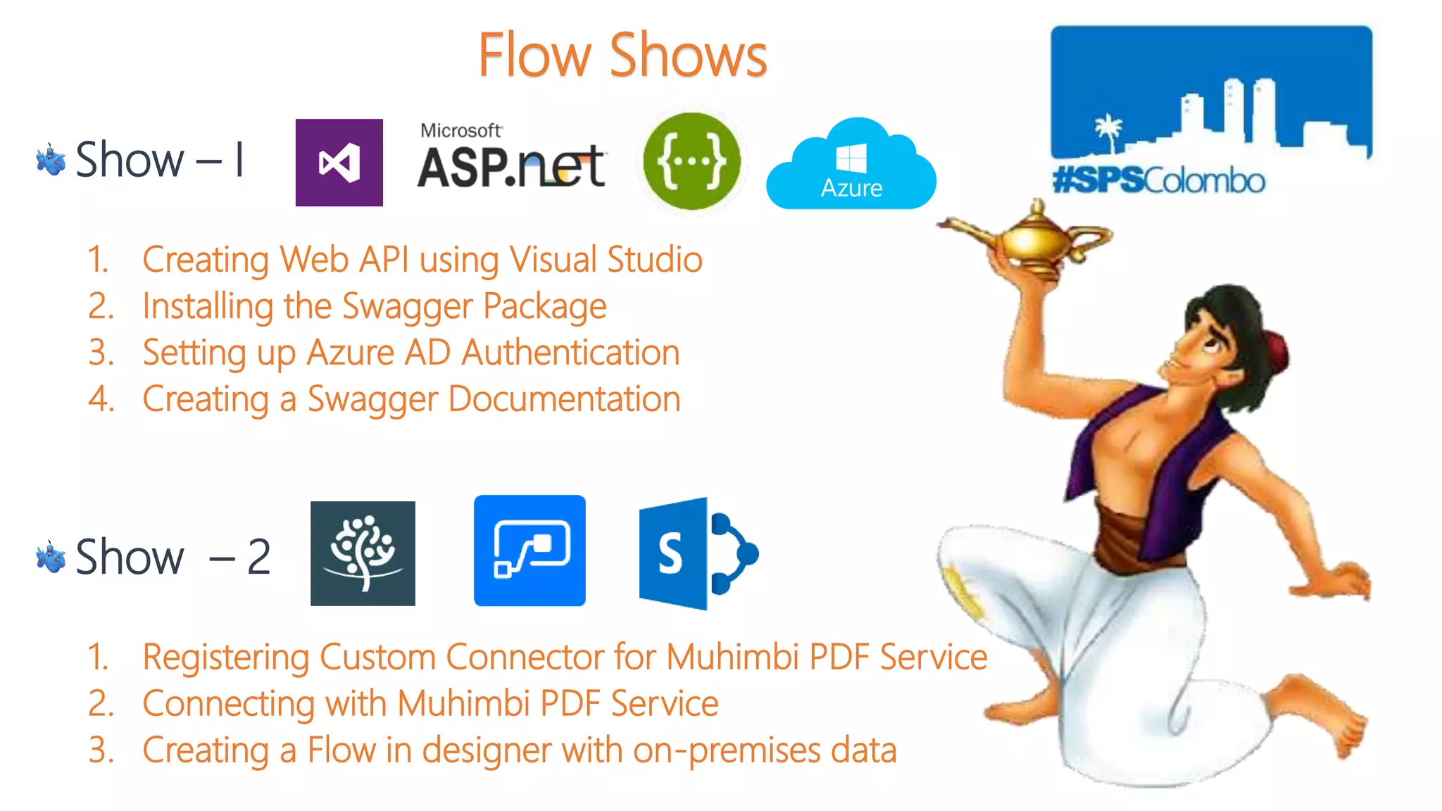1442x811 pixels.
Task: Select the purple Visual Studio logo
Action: click(339, 163)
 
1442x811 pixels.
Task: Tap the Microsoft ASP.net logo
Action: click(511, 158)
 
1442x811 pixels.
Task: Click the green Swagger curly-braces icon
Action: click(691, 161)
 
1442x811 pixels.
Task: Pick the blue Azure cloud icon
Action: click(851, 167)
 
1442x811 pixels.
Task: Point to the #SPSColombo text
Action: click(1158, 181)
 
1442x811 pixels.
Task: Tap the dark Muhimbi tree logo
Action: click(363, 553)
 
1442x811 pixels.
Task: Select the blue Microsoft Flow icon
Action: click(529, 551)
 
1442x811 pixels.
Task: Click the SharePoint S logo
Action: click(697, 553)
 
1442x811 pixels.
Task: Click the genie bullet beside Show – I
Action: click(51, 160)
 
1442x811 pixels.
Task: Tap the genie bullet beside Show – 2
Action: click(51, 557)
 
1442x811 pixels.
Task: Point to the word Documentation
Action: click(564, 399)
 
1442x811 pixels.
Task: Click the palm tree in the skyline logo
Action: click(1108, 132)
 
